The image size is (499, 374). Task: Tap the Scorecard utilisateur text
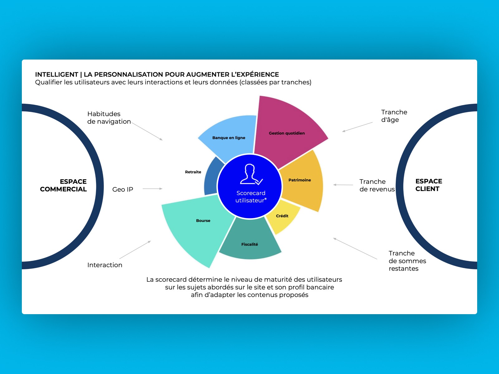click(251, 197)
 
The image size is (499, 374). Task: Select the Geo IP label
click(123, 189)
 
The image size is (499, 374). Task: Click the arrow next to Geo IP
click(153, 189)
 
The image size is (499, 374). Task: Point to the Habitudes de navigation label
click(109, 118)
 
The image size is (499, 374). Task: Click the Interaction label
click(105, 265)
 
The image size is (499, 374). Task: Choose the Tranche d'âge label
click(394, 116)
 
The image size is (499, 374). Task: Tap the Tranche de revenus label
click(377, 185)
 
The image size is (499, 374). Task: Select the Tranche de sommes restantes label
click(407, 261)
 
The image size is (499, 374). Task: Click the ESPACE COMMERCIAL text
click(64, 185)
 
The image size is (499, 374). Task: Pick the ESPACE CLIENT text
click(429, 185)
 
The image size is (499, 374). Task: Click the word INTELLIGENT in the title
click(56, 74)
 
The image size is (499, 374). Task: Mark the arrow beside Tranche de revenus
click(343, 185)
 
